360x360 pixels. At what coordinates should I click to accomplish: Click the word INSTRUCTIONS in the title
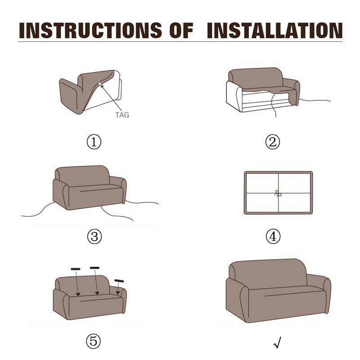tap(90, 30)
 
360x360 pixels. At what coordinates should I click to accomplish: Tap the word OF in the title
tap(181, 30)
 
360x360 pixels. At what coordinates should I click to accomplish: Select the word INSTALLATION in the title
tap(274, 30)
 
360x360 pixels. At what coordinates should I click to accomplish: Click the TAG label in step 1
tap(122, 115)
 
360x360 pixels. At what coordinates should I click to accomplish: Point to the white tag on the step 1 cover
tap(100, 84)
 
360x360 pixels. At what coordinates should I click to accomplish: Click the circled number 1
tap(94, 142)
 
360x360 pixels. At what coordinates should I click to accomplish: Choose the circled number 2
tap(273, 142)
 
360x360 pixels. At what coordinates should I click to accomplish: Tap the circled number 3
tap(94, 237)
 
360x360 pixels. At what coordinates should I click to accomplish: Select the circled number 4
tap(273, 237)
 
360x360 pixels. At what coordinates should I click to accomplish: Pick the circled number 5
tap(93, 341)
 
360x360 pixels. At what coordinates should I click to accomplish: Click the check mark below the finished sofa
tap(278, 342)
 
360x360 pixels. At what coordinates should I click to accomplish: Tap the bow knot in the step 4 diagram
tap(278, 193)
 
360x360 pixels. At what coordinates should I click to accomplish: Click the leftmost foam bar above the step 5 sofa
tap(76, 269)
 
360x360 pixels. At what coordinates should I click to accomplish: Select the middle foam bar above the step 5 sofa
tap(94, 268)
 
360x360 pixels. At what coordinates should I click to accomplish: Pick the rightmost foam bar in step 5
tap(119, 281)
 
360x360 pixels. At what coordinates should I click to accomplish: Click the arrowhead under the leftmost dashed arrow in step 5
tap(78, 294)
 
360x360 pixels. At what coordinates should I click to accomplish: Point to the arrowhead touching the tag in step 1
tap(102, 86)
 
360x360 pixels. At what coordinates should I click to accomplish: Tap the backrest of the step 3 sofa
tap(81, 175)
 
